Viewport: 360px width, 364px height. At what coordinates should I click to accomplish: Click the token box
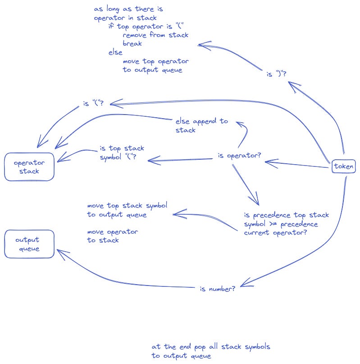[x=343, y=167]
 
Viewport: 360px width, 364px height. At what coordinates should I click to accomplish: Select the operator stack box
[x=29, y=167]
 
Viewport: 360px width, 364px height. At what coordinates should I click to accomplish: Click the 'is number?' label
[x=217, y=288]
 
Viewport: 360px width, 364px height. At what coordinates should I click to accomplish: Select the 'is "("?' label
[x=93, y=104]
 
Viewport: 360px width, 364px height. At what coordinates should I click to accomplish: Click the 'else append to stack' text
[x=201, y=126]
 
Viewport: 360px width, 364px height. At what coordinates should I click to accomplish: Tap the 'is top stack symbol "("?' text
[x=121, y=152]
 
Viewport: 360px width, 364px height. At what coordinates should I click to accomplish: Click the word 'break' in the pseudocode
[x=132, y=44]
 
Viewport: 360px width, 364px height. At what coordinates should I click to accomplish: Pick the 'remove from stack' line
[x=155, y=35]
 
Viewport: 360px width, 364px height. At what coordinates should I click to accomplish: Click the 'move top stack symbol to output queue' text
[x=127, y=210]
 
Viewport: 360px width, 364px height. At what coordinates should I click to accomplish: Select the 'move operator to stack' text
[x=112, y=236]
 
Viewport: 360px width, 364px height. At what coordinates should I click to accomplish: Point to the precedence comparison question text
[x=286, y=224]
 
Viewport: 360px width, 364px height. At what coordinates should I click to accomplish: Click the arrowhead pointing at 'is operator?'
[x=267, y=161]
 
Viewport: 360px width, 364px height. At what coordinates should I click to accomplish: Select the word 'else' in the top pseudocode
[x=115, y=53]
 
